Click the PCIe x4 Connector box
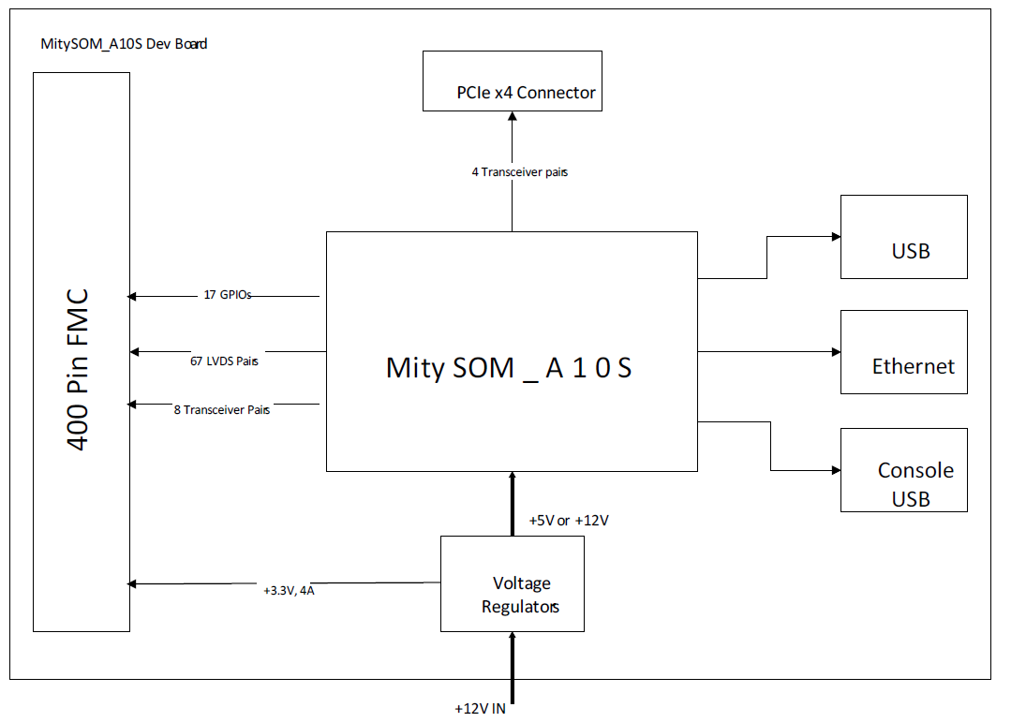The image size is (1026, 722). pos(512,81)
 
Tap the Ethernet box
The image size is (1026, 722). pos(903,351)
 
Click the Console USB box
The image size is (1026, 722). pos(903,470)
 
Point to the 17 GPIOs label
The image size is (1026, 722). pos(228,294)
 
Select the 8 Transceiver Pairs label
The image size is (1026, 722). pos(222,410)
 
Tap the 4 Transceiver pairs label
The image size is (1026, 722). pos(519,172)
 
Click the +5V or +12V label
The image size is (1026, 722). pos(569,520)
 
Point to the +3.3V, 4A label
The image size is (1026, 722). pos(289,591)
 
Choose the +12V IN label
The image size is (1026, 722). pos(480,709)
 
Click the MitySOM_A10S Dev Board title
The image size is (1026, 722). pos(124,44)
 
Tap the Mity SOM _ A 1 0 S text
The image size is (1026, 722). pos(509,367)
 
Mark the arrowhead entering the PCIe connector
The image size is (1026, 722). pos(512,117)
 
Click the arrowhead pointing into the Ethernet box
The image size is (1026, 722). pos(836,352)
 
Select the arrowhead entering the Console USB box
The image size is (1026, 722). pos(836,470)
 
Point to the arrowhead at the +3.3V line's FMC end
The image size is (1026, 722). pos(133,583)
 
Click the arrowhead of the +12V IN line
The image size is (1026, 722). pos(512,636)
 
